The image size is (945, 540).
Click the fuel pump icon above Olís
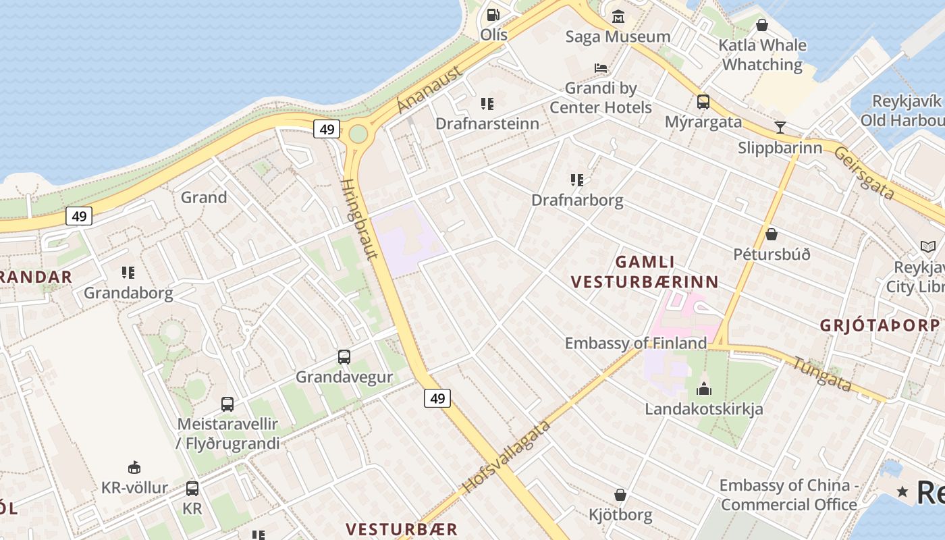tap(493, 14)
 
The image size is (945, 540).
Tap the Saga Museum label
tap(618, 36)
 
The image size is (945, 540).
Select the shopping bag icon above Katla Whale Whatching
tap(762, 25)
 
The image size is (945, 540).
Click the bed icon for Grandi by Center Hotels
tap(601, 68)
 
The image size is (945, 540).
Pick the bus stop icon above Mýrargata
tap(703, 102)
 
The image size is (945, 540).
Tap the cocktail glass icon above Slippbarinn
tap(780, 127)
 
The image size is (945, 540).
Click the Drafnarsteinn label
tap(487, 124)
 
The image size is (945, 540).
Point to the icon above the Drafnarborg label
tap(577, 180)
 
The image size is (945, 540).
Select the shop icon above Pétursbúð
tap(772, 234)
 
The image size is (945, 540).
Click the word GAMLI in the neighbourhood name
tap(645, 262)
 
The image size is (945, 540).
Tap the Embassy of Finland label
tap(635, 343)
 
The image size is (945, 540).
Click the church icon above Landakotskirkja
tap(704, 389)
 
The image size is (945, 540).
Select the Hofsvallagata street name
tap(506, 456)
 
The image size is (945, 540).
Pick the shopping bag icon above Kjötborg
tap(620, 495)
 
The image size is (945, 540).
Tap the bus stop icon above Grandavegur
tap(344, 356)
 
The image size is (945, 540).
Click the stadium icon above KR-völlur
tap(134, 467)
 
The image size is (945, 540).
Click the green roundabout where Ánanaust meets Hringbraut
tap(358, 134)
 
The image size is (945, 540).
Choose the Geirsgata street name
tap(864, 173)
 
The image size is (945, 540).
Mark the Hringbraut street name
tap(359, 219)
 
